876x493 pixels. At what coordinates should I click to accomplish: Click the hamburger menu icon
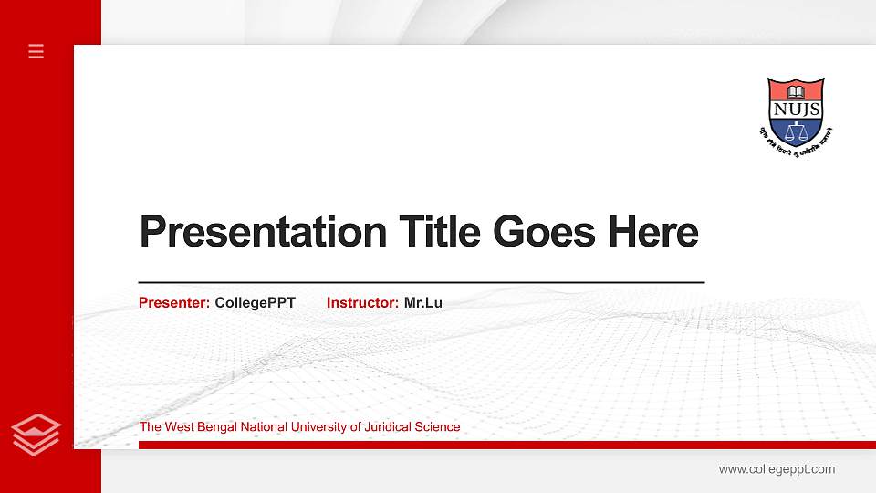[36, 51]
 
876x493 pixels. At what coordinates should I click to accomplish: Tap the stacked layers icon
[36, 434]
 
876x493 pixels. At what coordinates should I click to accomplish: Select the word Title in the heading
[440, 232]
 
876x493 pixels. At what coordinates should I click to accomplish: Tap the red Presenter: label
[174, 302]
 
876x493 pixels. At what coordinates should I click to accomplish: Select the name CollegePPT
[255, 302]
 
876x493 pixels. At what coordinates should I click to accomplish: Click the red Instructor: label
[362, 302]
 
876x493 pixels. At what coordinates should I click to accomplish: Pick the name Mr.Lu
[422, 302]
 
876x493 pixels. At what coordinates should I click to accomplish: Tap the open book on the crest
[796, 91]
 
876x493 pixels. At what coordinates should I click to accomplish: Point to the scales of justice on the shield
[796, 131]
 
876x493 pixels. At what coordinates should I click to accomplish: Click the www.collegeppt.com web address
[777, 469]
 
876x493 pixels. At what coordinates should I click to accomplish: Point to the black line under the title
[421, 283]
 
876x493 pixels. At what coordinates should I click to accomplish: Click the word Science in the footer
[439, 426]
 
